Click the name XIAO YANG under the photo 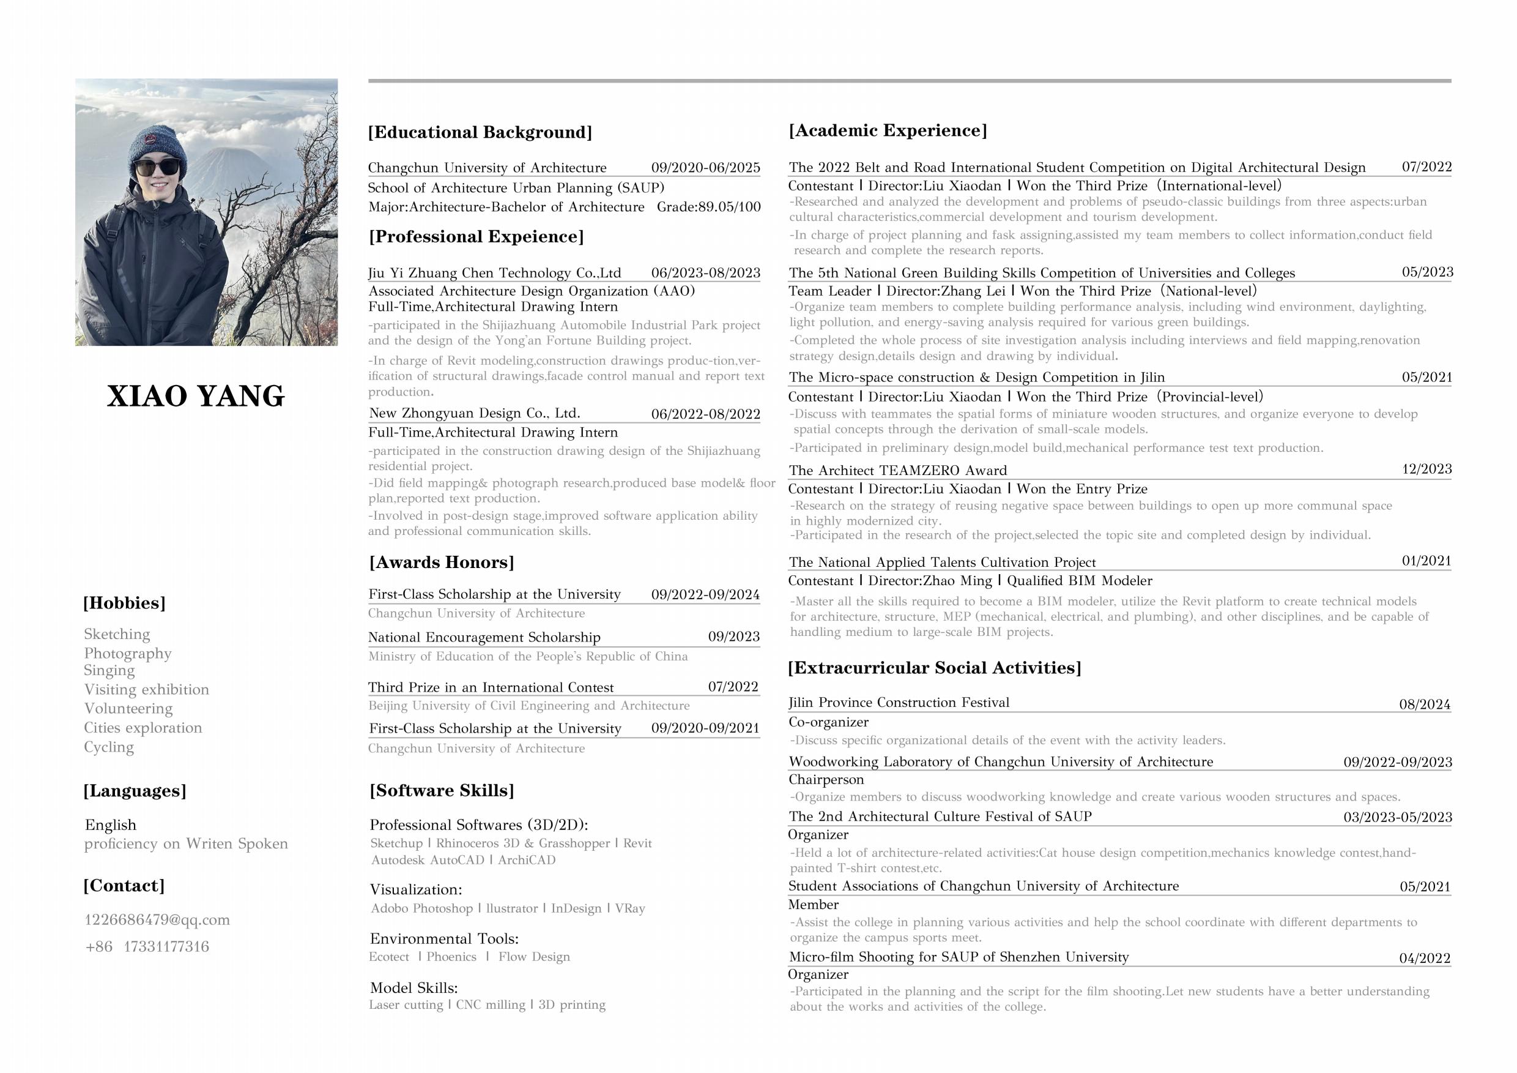[196, 396]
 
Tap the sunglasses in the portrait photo [157, 166]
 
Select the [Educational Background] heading [480, 132]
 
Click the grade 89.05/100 [708, 207]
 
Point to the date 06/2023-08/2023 [706, 273]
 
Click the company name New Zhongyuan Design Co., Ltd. [475, 413]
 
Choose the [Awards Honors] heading [442, 563]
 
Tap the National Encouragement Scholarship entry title [484, 637]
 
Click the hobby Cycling [109, 747]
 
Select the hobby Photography [127, 653]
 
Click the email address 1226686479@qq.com [157, 919]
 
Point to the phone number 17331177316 [166, 947]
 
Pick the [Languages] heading [135, 791]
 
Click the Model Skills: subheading [414, 988]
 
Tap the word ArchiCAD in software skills [527, 860]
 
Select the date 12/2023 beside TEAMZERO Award [1426, 469]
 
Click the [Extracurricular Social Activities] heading [934, 668]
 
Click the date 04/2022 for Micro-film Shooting [1425, 958]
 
